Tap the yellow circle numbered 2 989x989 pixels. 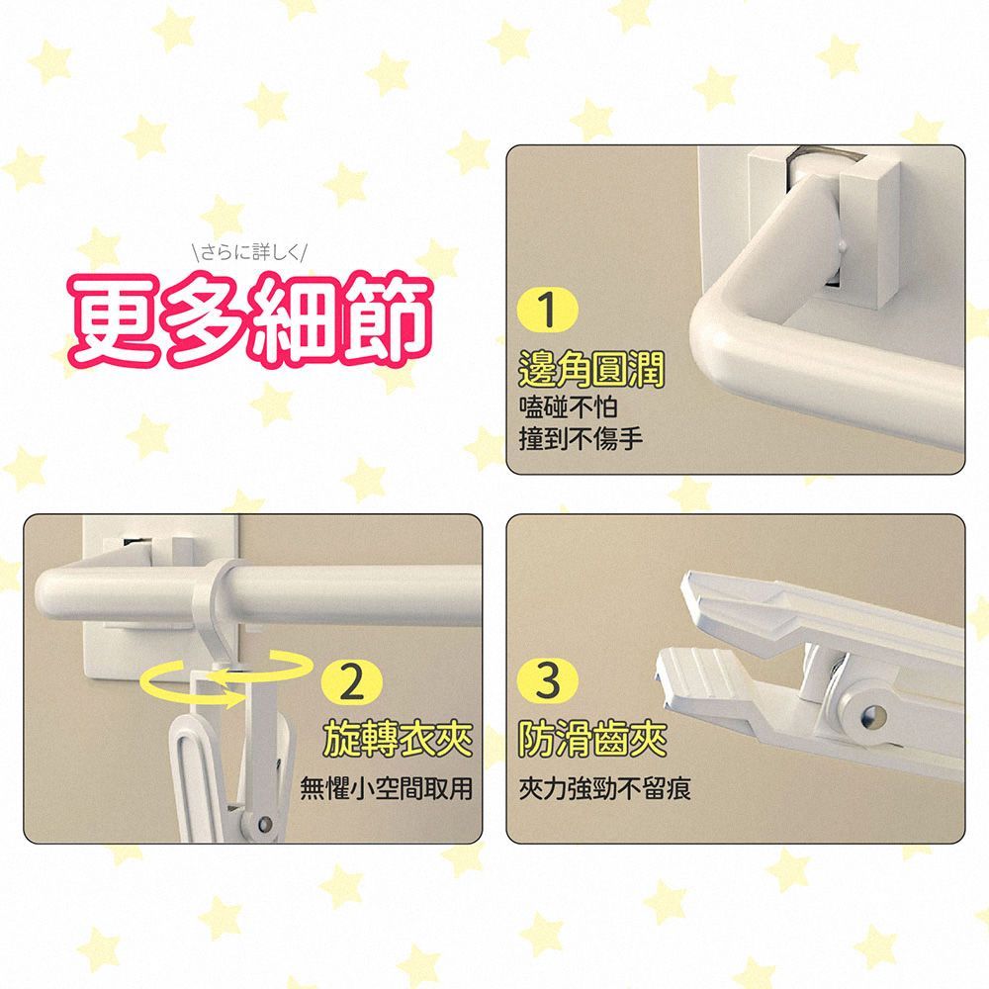click(x=351, y=681)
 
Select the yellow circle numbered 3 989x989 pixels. click(x=547, y=680)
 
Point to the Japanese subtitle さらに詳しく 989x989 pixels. click(x=250, y=253)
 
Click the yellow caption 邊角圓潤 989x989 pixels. click(x=591, y=370)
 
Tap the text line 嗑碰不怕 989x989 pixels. click(x=568, y=406)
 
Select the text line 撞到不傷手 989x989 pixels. click(x=581, y=438)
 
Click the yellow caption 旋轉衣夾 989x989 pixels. click(x=398, y=739)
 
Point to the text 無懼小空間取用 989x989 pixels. click(x=386, y=788)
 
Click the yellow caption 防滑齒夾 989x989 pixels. click(x=592, y=739)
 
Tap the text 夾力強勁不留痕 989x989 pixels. click(x=605, y=788)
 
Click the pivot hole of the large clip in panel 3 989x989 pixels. click(x=873, y=715)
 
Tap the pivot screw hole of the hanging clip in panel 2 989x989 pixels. click(x=265, y=824)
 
